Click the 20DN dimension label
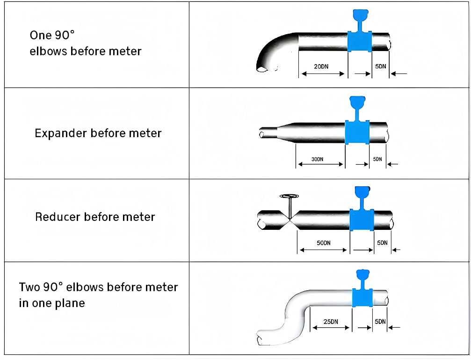pyautogui.click(x=321, y=66)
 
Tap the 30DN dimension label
pyautogui.click(x=317, y=159)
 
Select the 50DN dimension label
pyautogui.click(x=323, y=242)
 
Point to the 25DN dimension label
pyautogui.click(x=330, y=322)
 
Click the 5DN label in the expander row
pyautogui.click(x=377, y=159)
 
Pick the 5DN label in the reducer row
pyautogui.click(x=382, y=242)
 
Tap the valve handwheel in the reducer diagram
pyautogui.click(x=290, y=197)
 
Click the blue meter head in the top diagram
pyautogui.click(x=359, y=15)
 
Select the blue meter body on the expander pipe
pyautogui.click(x=357, y=132)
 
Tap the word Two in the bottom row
pyautogui.click(x=29, y=287)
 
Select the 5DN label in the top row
pyautogui.click(x=381, y=66)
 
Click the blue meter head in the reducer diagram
pyautogui.click(x=362, y=191)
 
